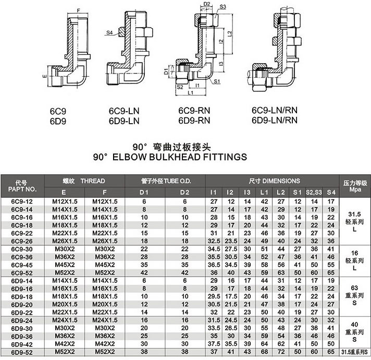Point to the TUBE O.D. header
coord(162,181)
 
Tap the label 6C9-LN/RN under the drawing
coord(274,111)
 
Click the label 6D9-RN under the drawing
coord(194,119)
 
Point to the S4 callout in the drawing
coord(109,33)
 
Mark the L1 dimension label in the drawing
coord(191,93)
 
